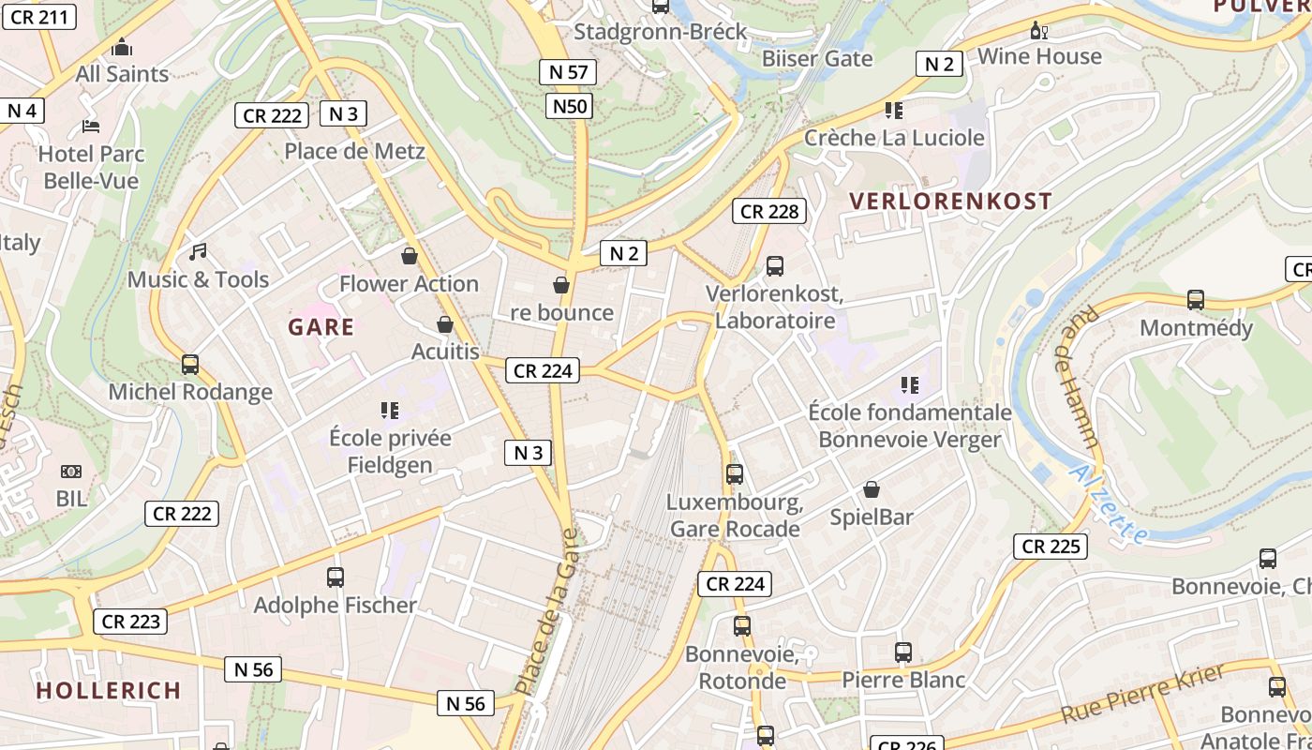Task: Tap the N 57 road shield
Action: pos(568,72)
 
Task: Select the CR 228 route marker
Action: pos(769,212)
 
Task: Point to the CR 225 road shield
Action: pos(1051,547)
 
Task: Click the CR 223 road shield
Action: pos(130,622)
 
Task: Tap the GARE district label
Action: pos(321,327)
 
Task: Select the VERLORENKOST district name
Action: pos(950,201)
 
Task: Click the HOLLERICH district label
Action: pos(109,691)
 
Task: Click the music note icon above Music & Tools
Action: pos(198,252)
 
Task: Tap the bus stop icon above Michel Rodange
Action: pos(190,365)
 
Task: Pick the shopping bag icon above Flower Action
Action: pos(410,256)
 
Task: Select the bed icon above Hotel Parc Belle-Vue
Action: pos(91,126)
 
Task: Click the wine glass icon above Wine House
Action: pos(1039,30)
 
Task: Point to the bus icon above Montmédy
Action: pos(1196,300)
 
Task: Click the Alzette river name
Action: pos(1110,504)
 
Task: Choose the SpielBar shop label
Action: pos(872,517)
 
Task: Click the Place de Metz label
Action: pos(354,151)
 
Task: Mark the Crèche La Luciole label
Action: pos(894,138)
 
